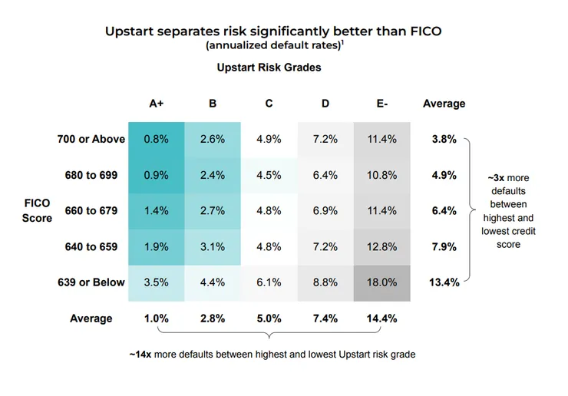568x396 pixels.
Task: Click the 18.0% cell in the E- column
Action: point(381,282)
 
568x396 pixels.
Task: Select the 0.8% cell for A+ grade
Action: point(156,140)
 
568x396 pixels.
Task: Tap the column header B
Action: point(212,104)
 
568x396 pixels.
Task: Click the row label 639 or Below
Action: point(91,282)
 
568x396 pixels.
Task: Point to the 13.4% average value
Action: point(444,282)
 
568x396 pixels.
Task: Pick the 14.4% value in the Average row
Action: point(381,318)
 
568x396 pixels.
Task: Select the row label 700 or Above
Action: point(91,140)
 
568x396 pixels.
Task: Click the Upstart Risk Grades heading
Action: point(269,68)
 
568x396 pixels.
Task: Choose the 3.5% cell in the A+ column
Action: point(156,282)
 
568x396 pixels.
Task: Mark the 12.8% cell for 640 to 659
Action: point(381,246)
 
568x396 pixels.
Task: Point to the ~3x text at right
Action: point(495,178)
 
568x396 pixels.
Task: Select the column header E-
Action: point(381,104)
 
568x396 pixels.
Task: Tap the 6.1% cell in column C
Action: point(269,282)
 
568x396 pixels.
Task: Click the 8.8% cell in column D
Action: point(325,282)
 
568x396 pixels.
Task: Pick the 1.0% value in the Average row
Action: point(156,318)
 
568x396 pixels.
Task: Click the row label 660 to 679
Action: point(91,211)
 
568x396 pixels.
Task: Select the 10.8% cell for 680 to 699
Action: point(381,175)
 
